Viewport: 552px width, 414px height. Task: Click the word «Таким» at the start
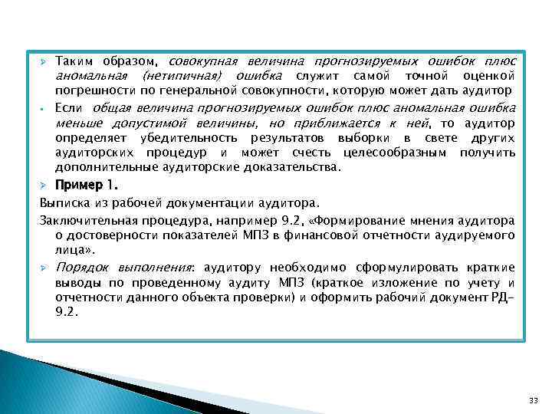tap(74, 61)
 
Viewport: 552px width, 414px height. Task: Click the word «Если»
tap(69, 107)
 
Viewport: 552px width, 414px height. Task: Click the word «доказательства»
tap(301, 166)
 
